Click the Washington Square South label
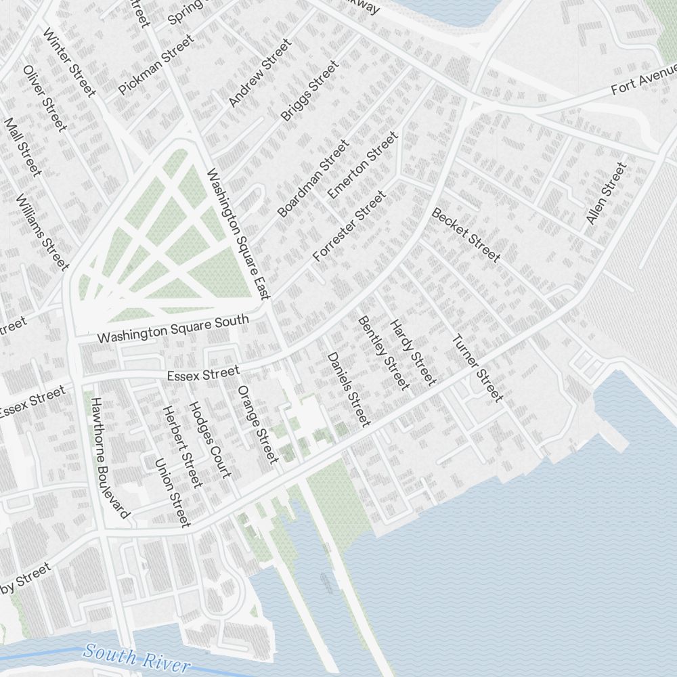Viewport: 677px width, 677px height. pos(173,328)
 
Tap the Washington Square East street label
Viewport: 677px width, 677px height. pos(239,234)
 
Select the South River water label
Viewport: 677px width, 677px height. pos(137,658)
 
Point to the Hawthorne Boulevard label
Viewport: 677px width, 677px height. pos(109,458)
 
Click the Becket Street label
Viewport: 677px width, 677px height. pos(466,235)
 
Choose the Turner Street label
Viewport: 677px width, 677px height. pos(477,368)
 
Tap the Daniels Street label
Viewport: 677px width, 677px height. pos(349,389)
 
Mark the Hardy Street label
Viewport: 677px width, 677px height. pos(412,352)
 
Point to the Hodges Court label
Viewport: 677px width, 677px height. pos(209,439)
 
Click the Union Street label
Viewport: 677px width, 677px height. pos(173,492)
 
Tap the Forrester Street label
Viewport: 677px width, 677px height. pos(349,226)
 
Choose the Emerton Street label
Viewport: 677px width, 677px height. pos(363,166)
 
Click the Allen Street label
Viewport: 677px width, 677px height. pos(606,194)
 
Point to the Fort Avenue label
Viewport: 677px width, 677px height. pos(644,79)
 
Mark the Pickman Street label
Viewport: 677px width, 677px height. pos(156,64)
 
